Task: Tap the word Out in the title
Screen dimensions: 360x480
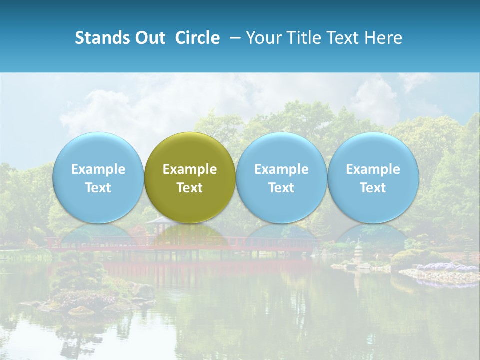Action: pyautogui.click(x=149, y=38)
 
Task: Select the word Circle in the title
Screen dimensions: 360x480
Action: pyautogui.click(x=197, y=38)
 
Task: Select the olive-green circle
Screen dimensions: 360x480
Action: pyautogui.click(x=190, y=177)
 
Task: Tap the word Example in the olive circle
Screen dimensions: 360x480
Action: pyautogui.click(x=190, y=169)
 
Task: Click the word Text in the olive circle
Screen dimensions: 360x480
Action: pyautogui.click(x=190, y=188)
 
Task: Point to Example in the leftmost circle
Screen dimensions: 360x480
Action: pyautogui.click(x=98, y=169)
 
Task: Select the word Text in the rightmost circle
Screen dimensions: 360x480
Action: pyautogui.click(x=373, y=188)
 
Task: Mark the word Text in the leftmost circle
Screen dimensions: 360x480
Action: pyautogui.click(x=98, y=188)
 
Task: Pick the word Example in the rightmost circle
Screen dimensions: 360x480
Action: pyautogui.click(x=373, y=169)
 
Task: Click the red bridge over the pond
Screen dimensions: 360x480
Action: pyautogui.click(x=280, y=245)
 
